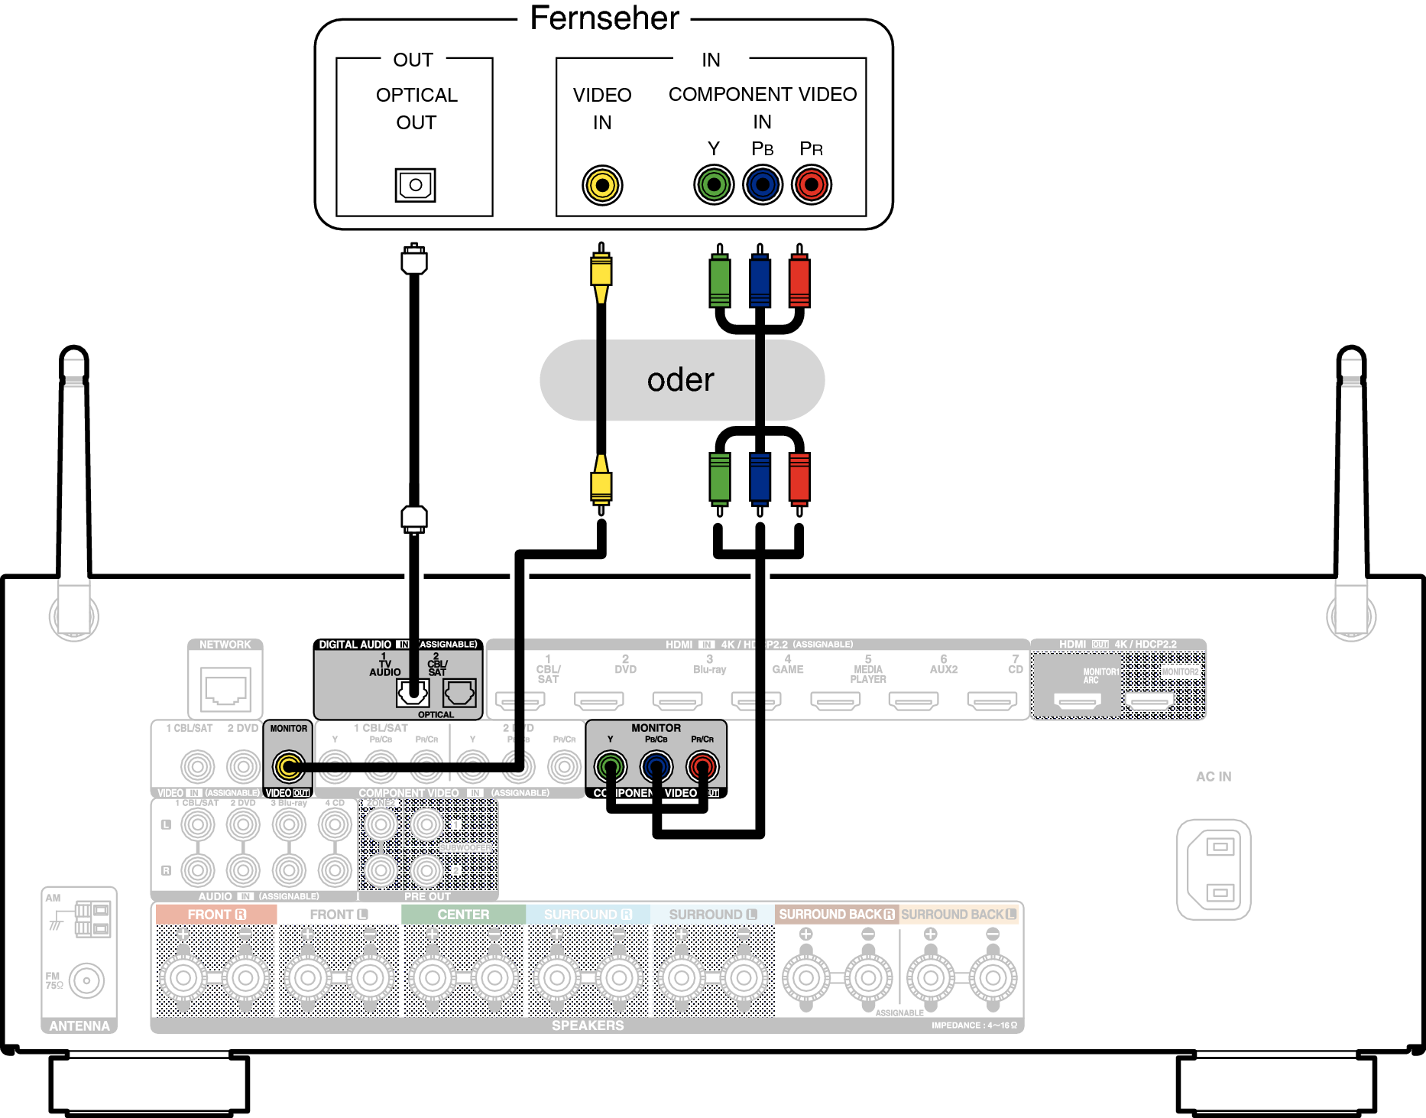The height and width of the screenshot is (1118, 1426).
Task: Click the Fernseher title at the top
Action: (604, 18)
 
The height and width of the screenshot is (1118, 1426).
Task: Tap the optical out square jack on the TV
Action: (415, 185)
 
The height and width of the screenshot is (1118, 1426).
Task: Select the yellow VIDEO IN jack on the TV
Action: (602, 185)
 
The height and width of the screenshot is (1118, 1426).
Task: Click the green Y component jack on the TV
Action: (714, 185)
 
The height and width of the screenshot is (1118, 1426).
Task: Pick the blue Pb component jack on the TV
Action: (763, 185)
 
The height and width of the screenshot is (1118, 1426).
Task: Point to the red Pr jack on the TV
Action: (811, 185)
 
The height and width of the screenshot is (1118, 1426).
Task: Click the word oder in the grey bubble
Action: (680, 380)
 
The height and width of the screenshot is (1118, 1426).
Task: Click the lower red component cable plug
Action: (799, 479)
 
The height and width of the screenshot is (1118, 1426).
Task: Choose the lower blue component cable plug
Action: (760, 479)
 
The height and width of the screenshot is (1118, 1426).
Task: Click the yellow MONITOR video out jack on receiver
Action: (289, 765)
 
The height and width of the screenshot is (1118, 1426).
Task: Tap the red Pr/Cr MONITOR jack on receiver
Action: (702, 765)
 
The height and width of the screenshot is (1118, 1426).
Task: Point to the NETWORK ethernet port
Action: (225, 688)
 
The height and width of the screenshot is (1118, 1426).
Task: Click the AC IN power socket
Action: (1214, 869)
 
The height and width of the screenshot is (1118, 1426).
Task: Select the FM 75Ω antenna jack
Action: (86, 980)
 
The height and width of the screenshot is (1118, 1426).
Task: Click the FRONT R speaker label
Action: (216, 915)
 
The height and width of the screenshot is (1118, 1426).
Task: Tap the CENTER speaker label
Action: (463, 915)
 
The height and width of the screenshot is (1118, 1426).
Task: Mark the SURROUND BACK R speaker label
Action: (836, 915)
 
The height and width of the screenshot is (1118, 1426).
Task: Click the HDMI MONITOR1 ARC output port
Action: (1077, 700)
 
